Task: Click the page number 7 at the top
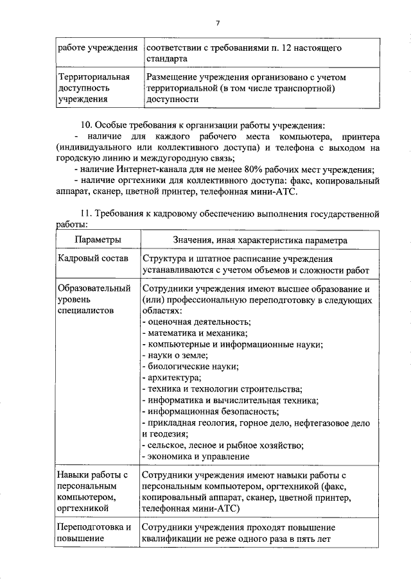point(218,23)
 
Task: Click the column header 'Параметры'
point(98,239)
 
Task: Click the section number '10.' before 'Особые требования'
point(83,123)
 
